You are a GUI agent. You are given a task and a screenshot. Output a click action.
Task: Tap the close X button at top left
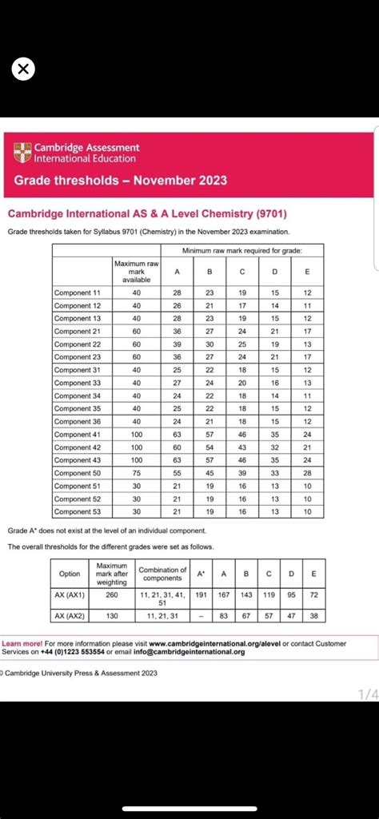(23, 70)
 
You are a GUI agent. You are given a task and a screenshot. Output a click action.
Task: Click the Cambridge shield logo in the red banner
(22, 152)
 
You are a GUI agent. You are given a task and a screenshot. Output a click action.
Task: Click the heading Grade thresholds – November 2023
(120, 181)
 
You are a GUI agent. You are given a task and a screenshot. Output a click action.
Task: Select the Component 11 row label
(78, 293)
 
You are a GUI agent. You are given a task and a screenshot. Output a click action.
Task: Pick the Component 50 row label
(78, 473)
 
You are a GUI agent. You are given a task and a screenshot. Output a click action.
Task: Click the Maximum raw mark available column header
(136, 272)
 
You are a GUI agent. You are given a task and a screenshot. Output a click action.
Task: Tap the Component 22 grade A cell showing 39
(177, 344)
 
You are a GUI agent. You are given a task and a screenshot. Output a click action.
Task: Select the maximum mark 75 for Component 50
(136, 473)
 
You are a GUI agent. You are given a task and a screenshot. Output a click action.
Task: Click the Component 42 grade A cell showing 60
(177, 447)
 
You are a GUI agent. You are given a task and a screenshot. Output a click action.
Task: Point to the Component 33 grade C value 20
(242, 383)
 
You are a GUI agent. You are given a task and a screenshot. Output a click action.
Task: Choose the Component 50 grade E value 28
(307, 473)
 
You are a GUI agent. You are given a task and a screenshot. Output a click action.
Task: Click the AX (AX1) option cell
(70, 594)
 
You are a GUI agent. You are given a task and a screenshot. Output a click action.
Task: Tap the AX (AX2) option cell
(70, 616)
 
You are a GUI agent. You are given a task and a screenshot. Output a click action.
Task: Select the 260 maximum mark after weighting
(111, 594)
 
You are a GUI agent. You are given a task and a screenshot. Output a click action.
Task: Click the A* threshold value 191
(201, 594)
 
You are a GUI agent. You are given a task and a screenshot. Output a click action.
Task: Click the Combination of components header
(162, 574)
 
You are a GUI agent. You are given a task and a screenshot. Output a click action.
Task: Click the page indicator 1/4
(367, 695)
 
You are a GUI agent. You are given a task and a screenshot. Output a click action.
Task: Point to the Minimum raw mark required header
(242, 251)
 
